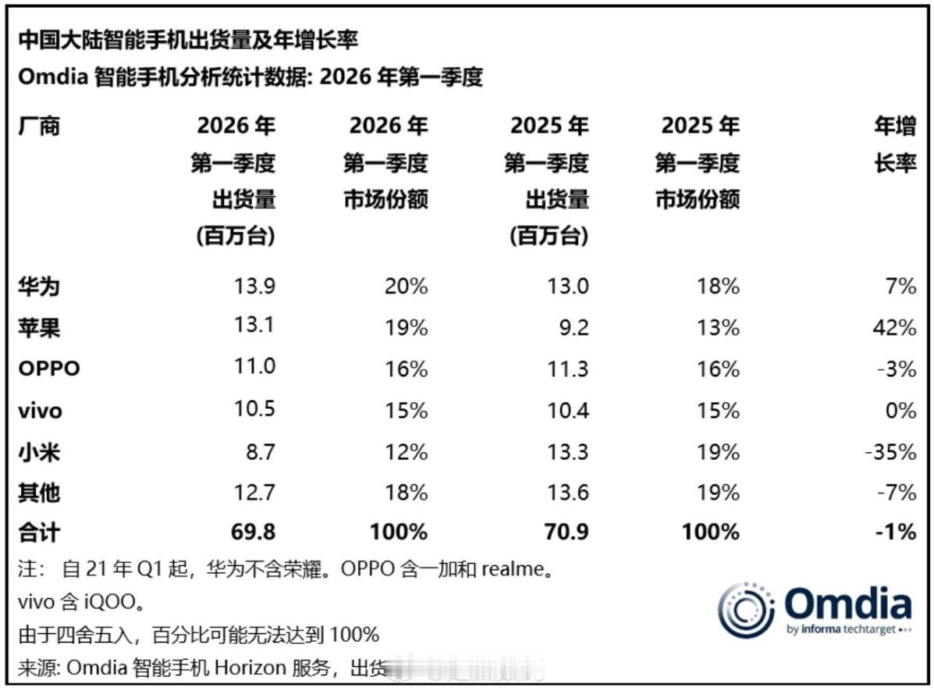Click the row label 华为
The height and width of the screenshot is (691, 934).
[x=39, y=287]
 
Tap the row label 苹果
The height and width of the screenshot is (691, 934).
[x=39, y=328]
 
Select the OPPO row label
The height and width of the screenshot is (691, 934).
[x=48, y=369]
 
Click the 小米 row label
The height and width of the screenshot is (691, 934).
[x=39, y=451]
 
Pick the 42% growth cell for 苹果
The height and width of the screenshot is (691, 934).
[x=895, y=328]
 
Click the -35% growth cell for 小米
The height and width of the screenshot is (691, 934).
[x=891, y=451]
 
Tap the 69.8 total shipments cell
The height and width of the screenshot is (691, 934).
[x=252, y=532]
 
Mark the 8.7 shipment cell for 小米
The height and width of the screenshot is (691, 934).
[x=258, y=451]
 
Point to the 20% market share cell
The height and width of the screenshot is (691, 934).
[x=407, y=287]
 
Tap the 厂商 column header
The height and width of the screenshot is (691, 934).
[x=39, y=126]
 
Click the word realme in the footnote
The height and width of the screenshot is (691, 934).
[x=511, y=570]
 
